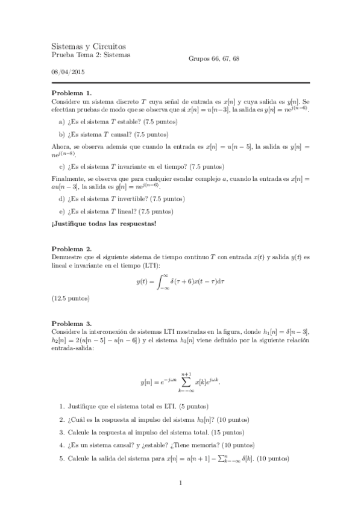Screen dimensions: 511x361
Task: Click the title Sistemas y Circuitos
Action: click(x=89, y=46)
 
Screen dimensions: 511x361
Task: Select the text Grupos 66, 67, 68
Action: click(x=214, y=58)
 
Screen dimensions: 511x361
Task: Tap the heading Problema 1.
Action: click(x=72, y=93)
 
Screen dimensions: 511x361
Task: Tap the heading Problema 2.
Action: click(x=72, y=248)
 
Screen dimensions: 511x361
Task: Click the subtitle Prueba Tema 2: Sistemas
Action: click(x=90, y=56)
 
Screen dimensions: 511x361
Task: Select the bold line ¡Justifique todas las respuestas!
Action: click(x=104, y=225)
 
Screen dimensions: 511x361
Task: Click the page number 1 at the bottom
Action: click(x=180, y=483)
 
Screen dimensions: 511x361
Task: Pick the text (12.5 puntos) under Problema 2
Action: click(x=71, y=298)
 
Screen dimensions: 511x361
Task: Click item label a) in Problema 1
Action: click(x=61, y=122)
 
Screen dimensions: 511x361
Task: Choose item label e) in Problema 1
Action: click(x=61, y=212)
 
